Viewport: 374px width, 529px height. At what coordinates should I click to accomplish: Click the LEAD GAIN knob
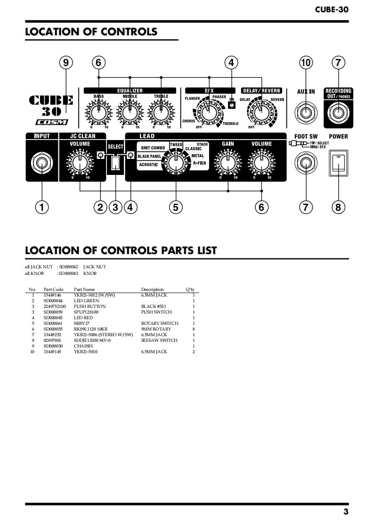228,163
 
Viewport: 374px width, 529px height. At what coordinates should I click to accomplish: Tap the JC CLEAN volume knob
80,163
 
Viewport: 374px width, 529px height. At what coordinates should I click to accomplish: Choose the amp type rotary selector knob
176,163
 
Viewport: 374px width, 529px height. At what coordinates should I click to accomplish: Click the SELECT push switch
115,163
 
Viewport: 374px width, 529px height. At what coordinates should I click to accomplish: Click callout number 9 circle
66,63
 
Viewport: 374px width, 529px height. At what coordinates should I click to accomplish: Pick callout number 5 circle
176,207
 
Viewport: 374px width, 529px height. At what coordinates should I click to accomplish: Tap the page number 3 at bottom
346,512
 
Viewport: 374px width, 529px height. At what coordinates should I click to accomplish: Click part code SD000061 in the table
53,323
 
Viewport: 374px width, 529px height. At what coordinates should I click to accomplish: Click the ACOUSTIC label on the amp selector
148,165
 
